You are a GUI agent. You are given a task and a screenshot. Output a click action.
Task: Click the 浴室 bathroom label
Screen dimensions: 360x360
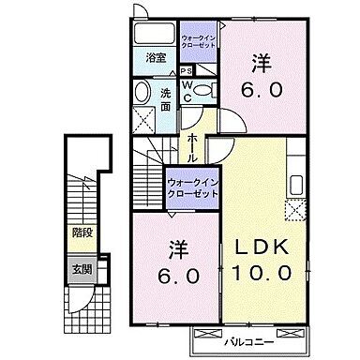coord(155,58)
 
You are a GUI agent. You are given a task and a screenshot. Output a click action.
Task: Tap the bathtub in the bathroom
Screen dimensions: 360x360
coord(154,35)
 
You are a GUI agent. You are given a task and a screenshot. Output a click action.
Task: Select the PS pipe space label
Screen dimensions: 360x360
coord(187,71)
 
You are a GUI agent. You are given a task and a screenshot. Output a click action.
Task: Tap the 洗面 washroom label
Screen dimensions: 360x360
coord(165,98)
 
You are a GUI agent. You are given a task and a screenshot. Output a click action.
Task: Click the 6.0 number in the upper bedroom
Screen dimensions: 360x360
coord(261,91)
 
